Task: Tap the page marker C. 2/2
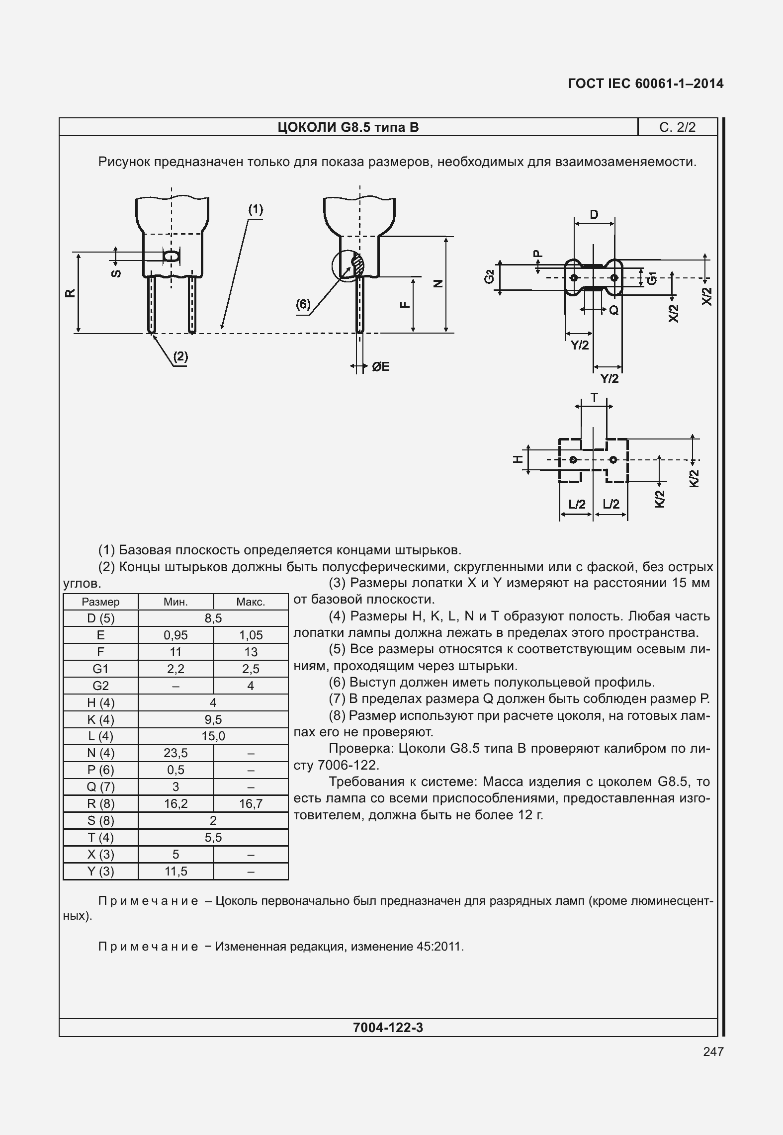click(677, 127)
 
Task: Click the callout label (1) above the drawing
click(256, 210)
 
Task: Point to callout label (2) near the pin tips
click(180, 356)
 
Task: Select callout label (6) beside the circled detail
click(303, 304)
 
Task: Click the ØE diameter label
click(380, 367)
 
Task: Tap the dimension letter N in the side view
click(437, 284)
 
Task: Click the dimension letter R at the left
click(71, 293)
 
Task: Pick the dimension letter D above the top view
click(594, 215)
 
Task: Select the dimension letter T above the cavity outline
click(594, 398)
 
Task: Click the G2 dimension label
click(489, 277)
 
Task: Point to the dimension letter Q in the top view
click(614, 310)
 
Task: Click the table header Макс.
click(251, 602)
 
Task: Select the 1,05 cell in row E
click(251, 635)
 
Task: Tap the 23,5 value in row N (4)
click(175, 753)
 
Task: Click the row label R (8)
click(100, 804)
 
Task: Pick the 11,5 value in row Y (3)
click(175, 872)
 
